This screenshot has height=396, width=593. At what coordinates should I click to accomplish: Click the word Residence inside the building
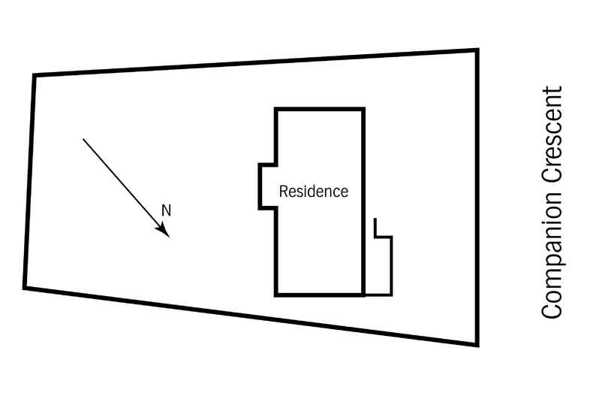313,192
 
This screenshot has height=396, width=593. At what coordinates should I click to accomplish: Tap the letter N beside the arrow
167,211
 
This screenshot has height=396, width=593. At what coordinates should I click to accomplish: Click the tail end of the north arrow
83,139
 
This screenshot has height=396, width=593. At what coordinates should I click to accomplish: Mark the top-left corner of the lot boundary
35,74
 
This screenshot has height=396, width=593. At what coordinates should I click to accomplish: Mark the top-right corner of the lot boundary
477,50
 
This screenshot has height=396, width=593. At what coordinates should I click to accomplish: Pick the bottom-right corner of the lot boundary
477,344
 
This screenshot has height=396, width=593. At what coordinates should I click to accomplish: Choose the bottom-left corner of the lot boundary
25,287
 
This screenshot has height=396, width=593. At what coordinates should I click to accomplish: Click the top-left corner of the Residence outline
276,110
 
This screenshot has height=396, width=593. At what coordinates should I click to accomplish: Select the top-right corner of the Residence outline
364,110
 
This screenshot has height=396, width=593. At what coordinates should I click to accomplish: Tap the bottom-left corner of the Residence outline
276,295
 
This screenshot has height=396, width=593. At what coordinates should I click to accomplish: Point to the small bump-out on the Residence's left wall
266,186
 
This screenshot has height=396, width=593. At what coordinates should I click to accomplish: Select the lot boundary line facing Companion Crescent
477,195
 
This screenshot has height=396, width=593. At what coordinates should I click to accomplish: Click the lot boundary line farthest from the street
29,180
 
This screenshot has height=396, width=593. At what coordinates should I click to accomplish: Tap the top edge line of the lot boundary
255,62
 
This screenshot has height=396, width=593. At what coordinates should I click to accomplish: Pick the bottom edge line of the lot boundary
251,316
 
